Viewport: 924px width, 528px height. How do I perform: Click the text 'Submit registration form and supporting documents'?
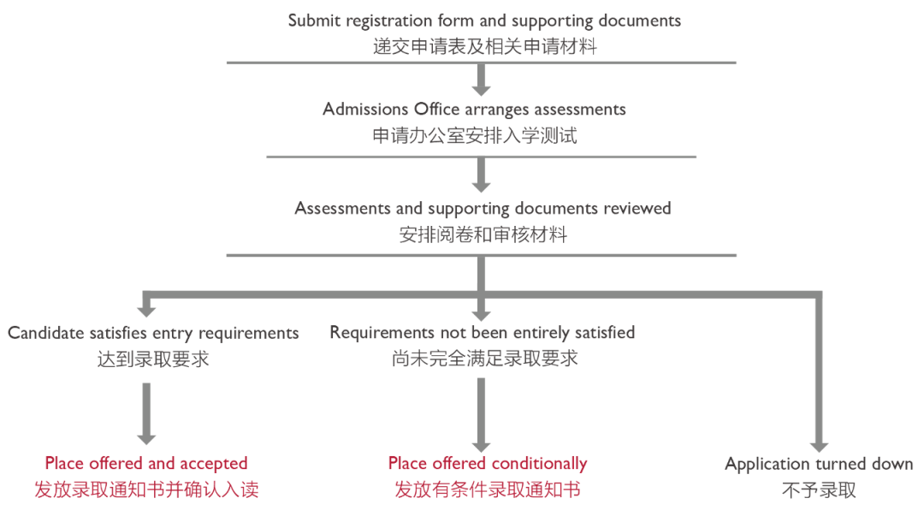point(484,20)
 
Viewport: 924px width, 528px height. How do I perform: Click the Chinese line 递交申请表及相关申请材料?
point(484,47)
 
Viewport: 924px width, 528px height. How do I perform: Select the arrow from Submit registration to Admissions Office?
point(481,80)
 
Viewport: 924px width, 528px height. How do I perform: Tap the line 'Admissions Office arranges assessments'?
point(474,110)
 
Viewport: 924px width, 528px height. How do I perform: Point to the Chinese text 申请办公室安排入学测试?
point(474,135)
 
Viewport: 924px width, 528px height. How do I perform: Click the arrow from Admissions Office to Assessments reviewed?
point(481,175)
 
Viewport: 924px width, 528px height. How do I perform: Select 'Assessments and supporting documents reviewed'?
point(483,208)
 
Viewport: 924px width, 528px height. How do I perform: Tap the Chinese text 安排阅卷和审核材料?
point(483,234)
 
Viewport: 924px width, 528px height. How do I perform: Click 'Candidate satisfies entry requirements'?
point(153,333)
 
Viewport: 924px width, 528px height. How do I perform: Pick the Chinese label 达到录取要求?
point(153,359)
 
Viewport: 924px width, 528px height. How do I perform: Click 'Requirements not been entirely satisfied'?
point(483,332)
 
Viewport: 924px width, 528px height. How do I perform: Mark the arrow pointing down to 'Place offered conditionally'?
point(481,414)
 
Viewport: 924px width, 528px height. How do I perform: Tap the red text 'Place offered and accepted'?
point(146,464)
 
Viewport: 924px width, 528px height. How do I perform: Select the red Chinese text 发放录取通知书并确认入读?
point(146,490)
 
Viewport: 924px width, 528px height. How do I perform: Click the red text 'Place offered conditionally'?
point(488,464)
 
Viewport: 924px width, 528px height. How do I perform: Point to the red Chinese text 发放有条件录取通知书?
point(487,490)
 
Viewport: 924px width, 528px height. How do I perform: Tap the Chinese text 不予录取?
point(818,490)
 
